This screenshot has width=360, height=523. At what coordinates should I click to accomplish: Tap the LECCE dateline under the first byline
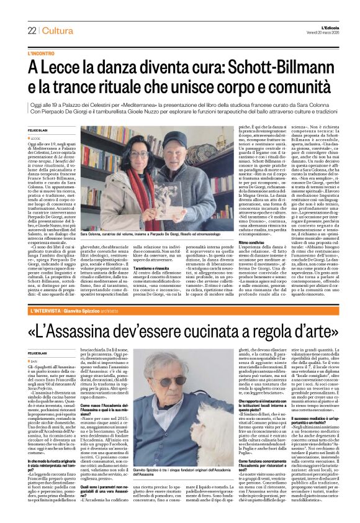click(35, 139)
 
